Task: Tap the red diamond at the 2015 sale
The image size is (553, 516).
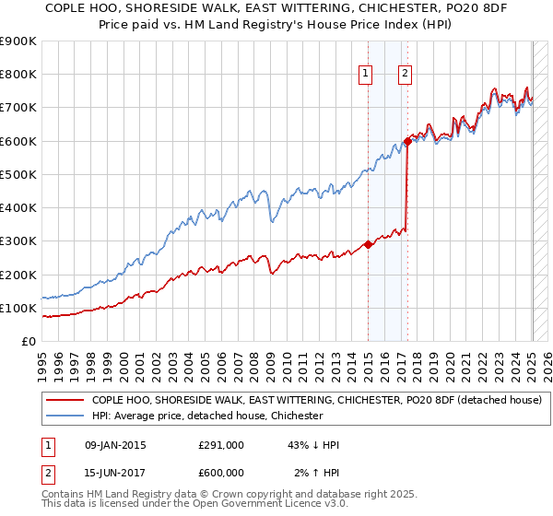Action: click(368, 244)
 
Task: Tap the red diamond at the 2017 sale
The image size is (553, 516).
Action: click(407, 142)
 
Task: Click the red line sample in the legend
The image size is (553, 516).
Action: click(65, 401)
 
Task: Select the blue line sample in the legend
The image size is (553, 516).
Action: click(65, 416)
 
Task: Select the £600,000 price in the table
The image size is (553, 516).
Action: click(221, 473)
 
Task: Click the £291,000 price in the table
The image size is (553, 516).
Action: click(221, 445)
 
